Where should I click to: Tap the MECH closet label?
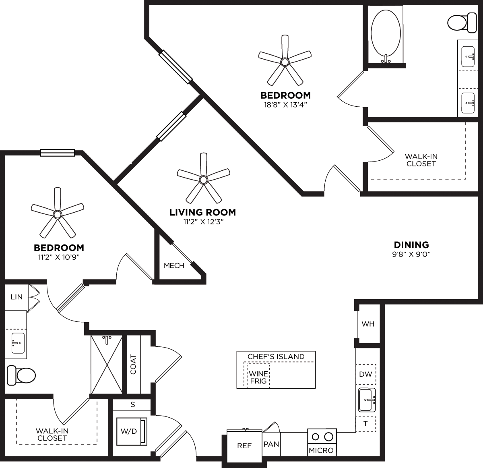pos(174,266)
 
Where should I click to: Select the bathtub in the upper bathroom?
pos(386,35)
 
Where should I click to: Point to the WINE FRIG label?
pos(258,377)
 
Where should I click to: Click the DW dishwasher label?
pos(365,374)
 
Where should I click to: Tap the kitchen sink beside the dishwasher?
pos(367,400)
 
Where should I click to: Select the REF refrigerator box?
pos(244,445)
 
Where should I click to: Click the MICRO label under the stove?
pos(321,450)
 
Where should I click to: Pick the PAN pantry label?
pos(271,444)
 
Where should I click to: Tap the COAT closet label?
pos(133,364)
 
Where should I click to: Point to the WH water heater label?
pos(368,324)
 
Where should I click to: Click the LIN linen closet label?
pos(17,297)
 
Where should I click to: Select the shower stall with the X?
pos(106,364)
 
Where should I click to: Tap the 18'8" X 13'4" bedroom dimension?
pos(285,104)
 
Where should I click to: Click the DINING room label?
pos(411,244)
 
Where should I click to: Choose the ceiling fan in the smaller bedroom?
pos(58,213)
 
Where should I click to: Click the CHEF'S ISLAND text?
pos(276,356)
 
